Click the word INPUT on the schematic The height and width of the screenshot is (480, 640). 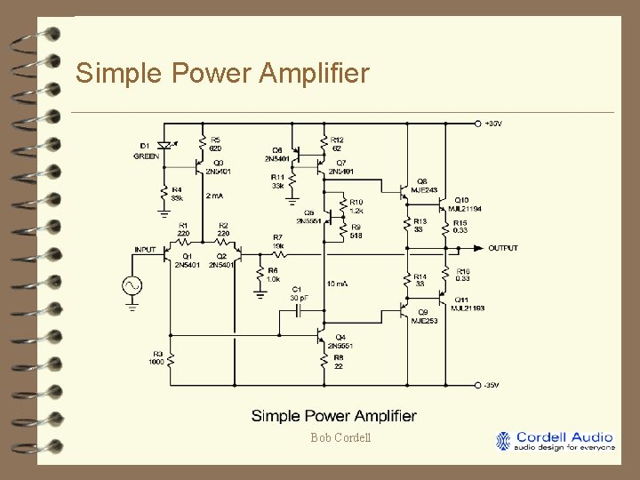click(x=145, y=249)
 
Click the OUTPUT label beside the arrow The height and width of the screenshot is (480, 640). click(x=503, y=248)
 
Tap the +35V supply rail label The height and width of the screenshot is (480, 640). click(x=493, y=123)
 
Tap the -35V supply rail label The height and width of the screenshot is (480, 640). click(x=492, y=384)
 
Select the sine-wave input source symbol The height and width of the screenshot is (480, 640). click(x=132, y=285)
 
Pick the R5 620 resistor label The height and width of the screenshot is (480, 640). click(x=215, y=144)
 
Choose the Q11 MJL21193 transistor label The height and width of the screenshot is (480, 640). click(x=467, y=304)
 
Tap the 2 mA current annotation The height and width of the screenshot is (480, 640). click(x=216, y=195)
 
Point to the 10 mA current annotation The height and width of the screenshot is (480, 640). click(x=337, y=284)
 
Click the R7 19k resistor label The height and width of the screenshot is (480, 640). click(x=278, y=241)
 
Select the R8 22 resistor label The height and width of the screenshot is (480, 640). click(x=340, y=362)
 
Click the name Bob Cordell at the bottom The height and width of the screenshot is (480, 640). click(x=340, y=437)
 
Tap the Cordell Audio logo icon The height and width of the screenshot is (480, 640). click(x=504, y=441)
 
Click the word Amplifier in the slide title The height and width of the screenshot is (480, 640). click(x=312, y=73)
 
